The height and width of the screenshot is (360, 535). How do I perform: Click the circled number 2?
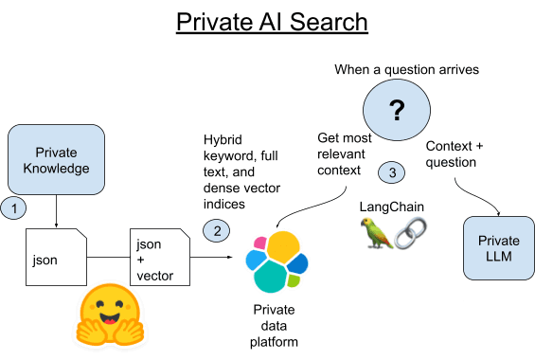[x=217, y=229]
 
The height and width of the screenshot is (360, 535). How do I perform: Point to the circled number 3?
[x=392, y=172]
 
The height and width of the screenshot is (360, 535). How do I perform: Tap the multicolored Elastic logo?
[x=276, y=260]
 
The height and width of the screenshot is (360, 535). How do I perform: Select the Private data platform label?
[x=276, y=324]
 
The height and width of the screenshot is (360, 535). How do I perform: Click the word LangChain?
[x=390, y=206]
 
